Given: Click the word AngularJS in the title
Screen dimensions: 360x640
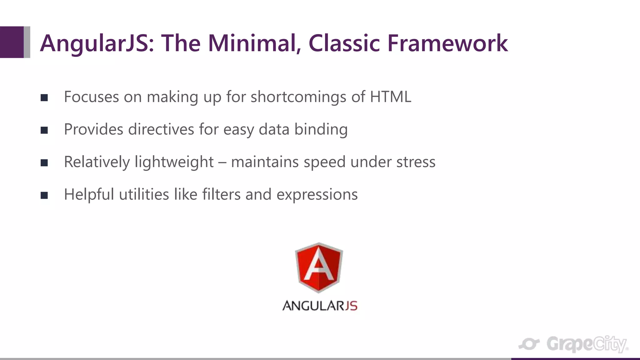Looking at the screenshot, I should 97,44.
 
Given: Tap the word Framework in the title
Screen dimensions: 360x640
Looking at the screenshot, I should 447,43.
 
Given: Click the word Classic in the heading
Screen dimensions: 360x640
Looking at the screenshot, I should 344,43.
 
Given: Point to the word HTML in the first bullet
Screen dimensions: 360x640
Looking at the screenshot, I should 390,97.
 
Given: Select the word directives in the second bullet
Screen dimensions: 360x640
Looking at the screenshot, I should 161,129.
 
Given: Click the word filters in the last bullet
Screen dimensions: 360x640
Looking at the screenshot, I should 221,194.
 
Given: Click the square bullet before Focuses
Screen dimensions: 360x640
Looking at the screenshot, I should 44,98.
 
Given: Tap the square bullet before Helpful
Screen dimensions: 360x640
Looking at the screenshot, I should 44,195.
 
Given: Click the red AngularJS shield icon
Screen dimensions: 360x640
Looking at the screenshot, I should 319,267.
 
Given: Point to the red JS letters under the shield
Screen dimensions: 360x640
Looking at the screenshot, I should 351,306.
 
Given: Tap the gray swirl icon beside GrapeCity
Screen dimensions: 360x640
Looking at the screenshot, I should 529,344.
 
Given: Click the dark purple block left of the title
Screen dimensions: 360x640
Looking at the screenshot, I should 12,42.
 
